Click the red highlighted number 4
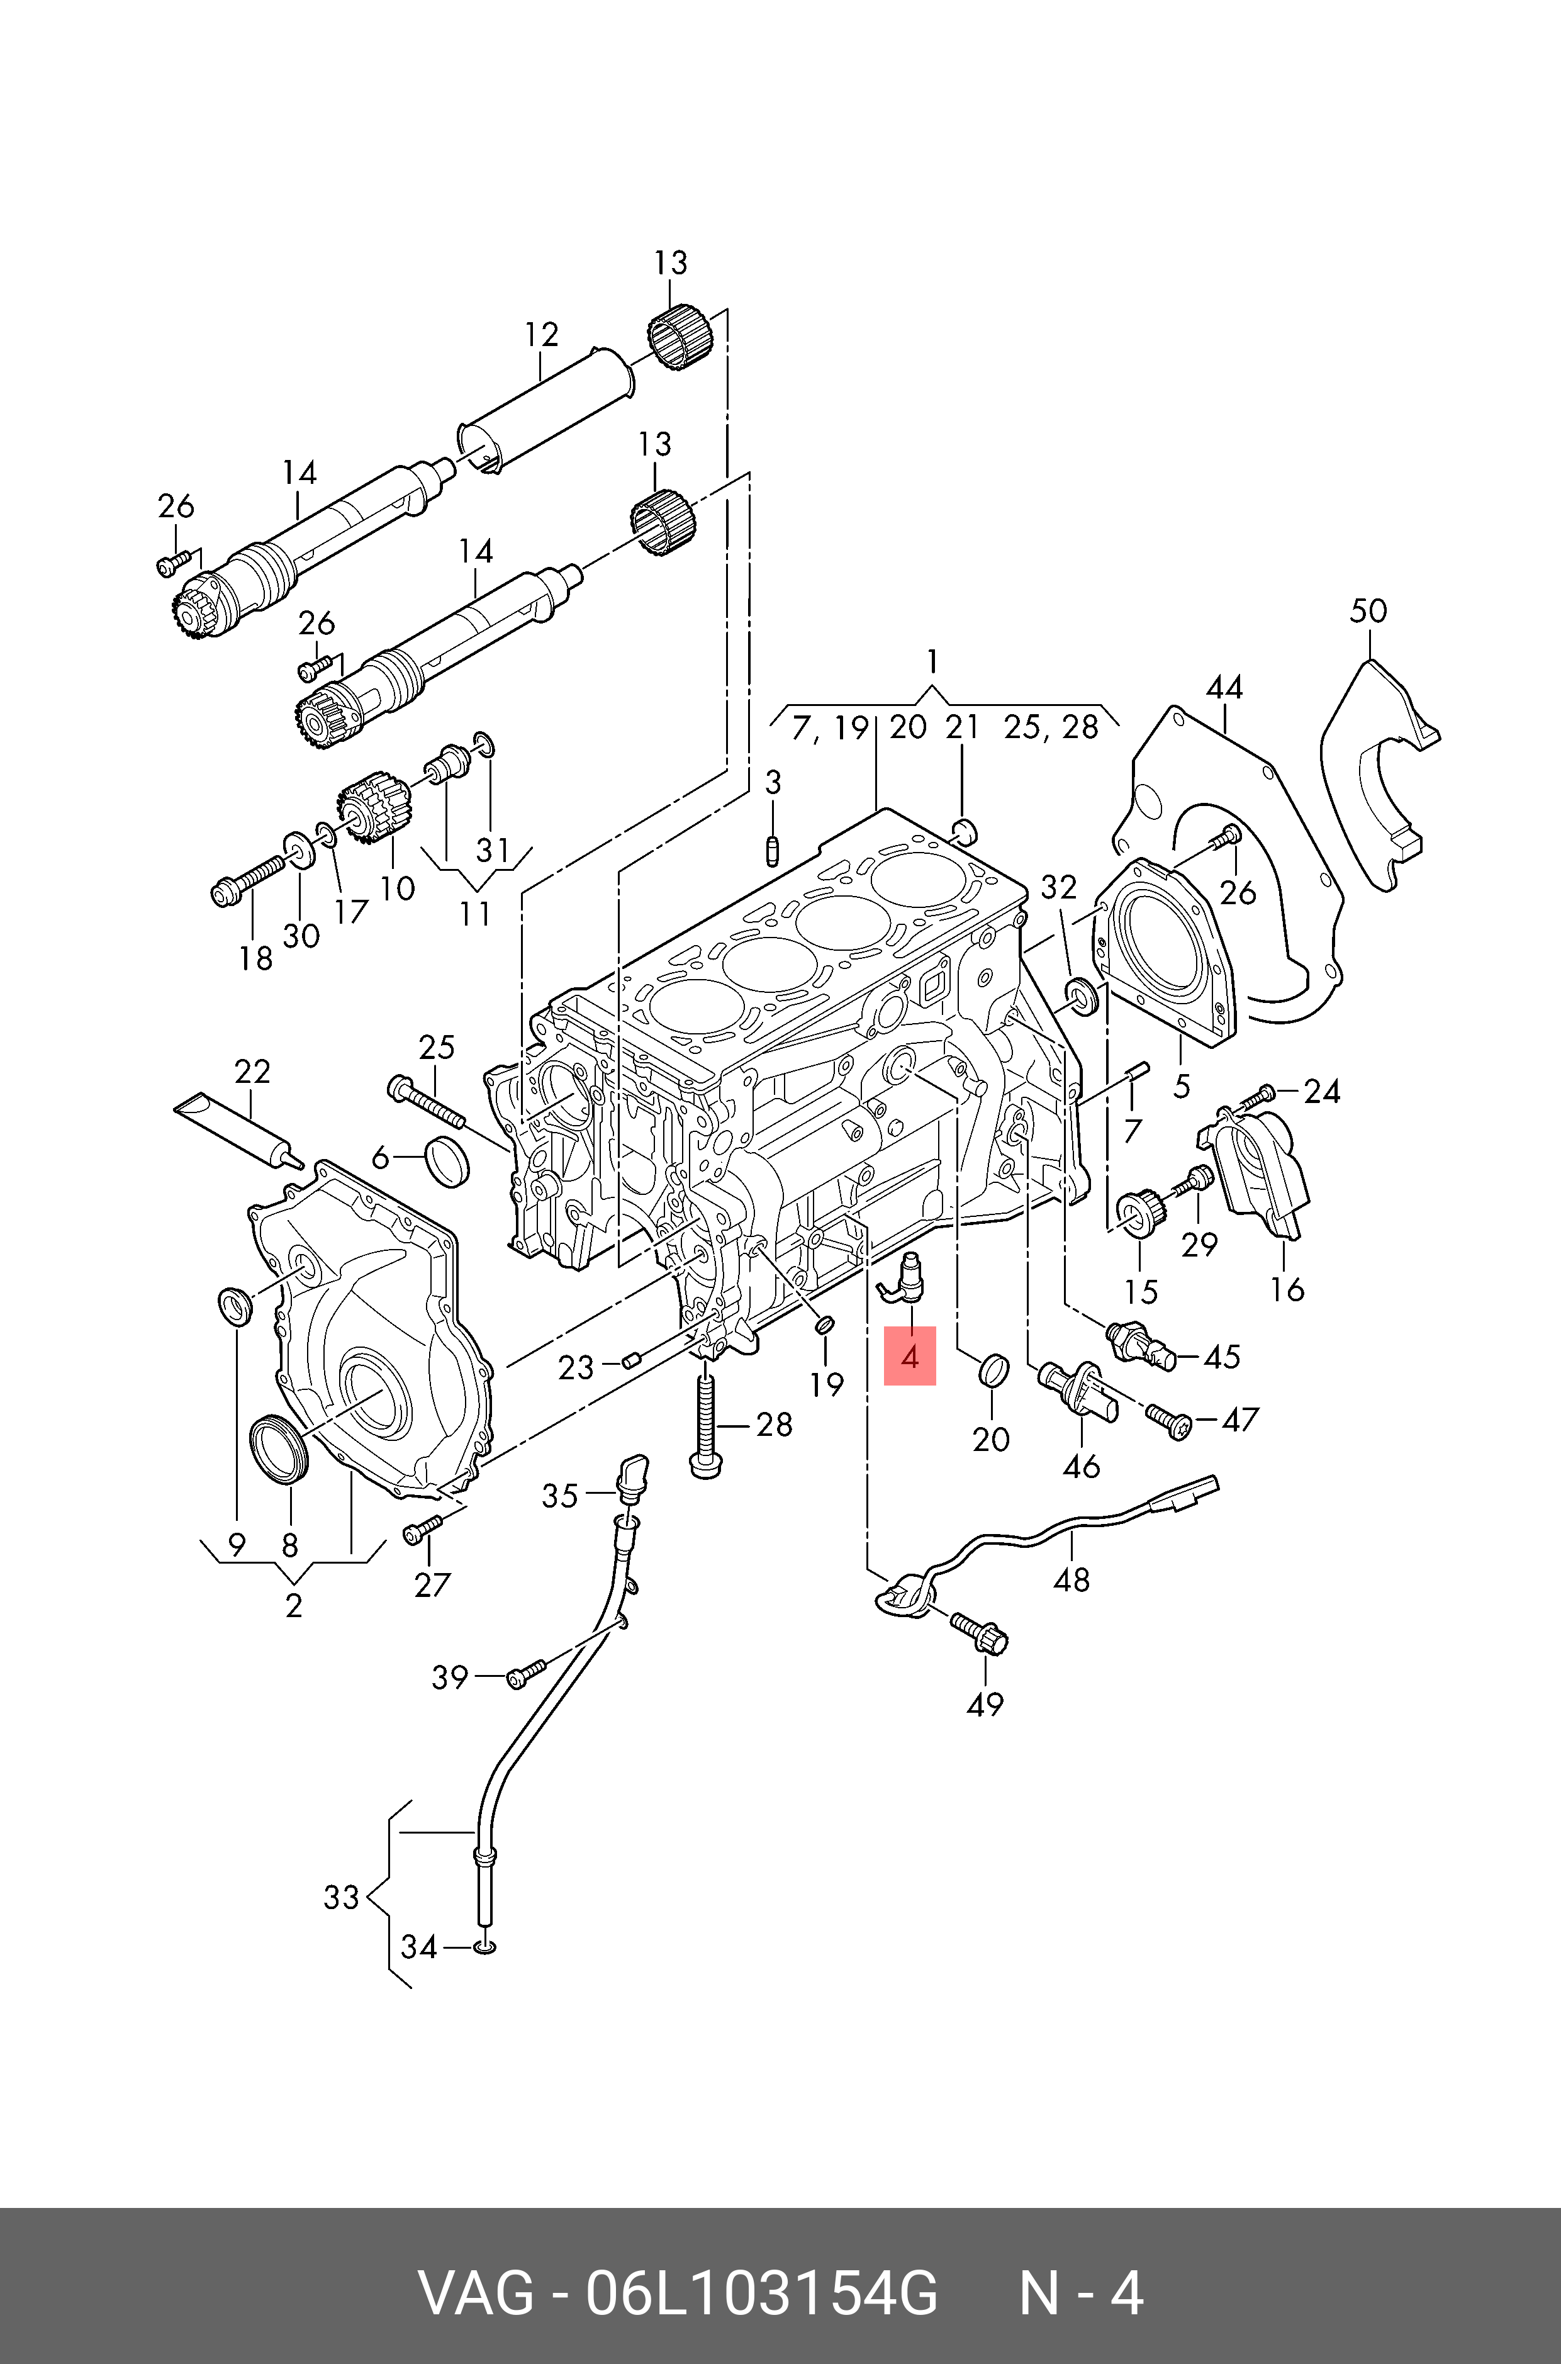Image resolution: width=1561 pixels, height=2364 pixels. pyautogui.click(x=910, y=1356)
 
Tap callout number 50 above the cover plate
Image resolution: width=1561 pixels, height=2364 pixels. pyautogui.click(x=1368, y=610)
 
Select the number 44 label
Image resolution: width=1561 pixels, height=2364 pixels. pyautogui.click(x=1224, y=687)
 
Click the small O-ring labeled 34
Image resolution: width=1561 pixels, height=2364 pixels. pyautogui.click(x=486, y=1946)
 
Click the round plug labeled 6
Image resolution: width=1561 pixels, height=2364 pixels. pyautogui.click(x=446, y=1158)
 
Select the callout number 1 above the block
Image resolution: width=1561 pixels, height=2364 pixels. pyautogui.click(x=932, y=660)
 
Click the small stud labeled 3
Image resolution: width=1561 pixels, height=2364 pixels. pyautogui.click(x=773, y=852)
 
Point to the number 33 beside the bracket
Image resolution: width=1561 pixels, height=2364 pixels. pyautogui.click(x=340, y=1897)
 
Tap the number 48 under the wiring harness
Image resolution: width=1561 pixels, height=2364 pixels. pyautogui.click(x=1071, y=1579)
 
